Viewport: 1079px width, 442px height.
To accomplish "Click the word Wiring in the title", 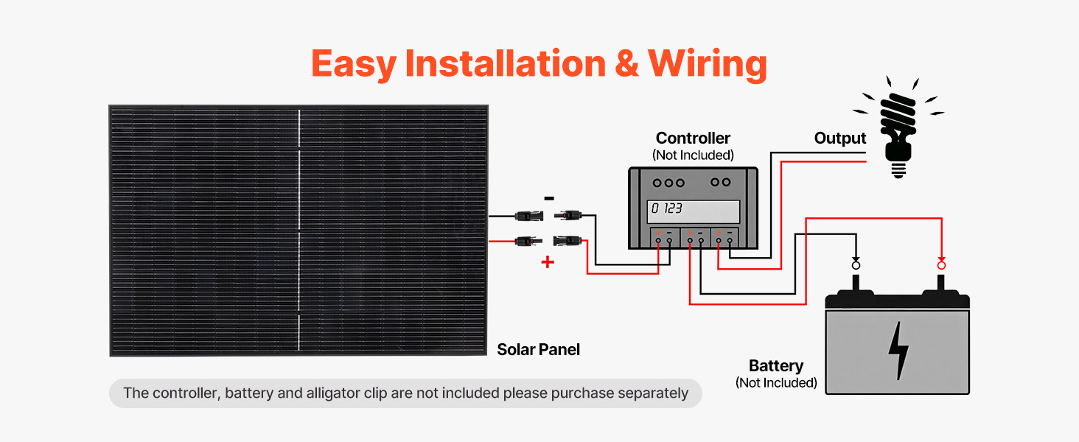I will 708,63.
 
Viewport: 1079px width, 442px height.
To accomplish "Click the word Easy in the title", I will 354,63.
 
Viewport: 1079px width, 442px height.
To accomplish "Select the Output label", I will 840,138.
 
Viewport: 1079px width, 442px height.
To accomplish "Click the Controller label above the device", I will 693,138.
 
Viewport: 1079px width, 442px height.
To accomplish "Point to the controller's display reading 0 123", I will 693,210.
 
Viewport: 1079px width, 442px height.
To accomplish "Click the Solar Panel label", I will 538,350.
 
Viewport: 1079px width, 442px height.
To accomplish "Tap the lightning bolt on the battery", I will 898,350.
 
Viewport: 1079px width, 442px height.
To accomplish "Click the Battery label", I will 775,366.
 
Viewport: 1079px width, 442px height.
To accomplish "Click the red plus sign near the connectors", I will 548,262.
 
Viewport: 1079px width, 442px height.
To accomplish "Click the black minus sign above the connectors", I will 548,198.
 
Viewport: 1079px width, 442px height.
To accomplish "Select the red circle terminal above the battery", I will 941,264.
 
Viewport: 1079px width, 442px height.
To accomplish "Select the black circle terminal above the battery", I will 856,264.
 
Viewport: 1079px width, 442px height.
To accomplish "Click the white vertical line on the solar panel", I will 299,228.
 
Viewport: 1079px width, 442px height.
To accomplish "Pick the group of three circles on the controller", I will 669,183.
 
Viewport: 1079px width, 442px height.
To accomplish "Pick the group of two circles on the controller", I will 720,183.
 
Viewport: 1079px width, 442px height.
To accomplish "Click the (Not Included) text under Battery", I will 776,383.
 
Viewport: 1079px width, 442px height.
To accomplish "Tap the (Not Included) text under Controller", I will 693,155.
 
